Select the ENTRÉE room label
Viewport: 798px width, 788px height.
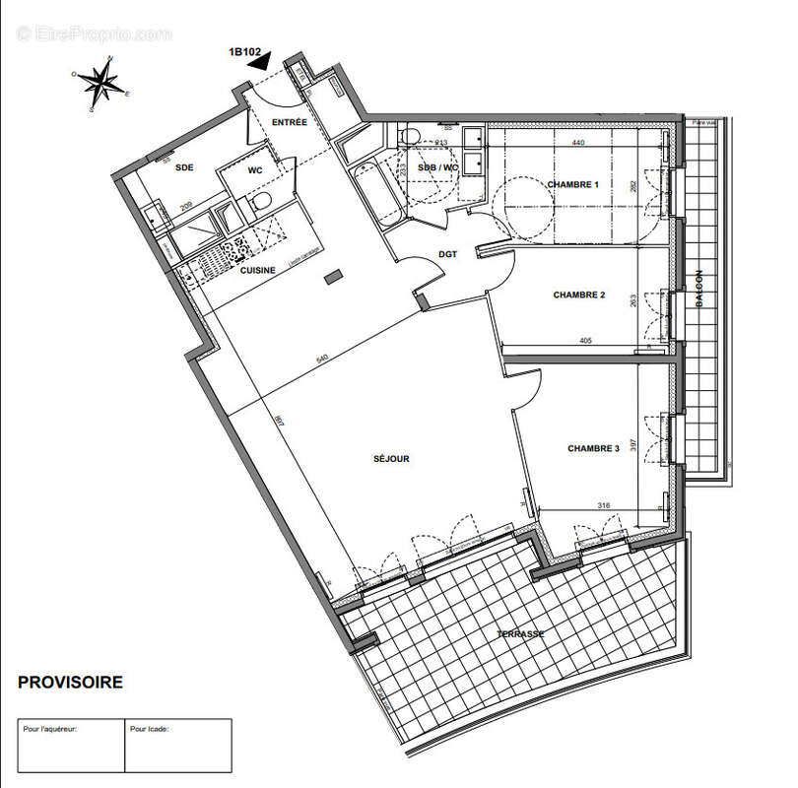pos(290,123)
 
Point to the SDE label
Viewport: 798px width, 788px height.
pos(184,168)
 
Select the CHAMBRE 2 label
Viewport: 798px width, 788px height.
pos(578,295)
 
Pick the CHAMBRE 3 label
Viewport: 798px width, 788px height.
pos(593,448)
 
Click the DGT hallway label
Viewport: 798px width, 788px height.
pos(448,254)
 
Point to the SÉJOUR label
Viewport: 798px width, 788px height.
pos(391,458)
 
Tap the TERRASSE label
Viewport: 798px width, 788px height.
pos(520,633)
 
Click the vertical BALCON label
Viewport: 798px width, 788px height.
pos(698,290)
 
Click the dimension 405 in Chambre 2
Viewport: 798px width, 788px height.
pos(586,341)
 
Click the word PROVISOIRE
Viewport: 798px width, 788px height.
pos(71,682)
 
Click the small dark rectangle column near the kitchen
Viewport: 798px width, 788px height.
pos(334,276)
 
